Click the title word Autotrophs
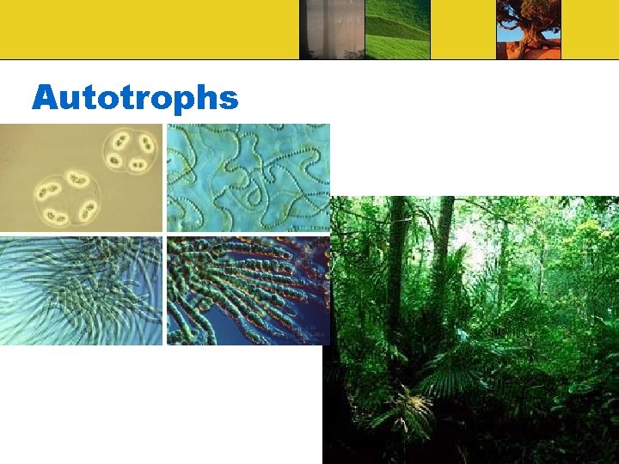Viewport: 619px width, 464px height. (134, 98)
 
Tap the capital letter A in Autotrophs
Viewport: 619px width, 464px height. (45, 98)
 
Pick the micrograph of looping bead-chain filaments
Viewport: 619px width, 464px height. (248, 177)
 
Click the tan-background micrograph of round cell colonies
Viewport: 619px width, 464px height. (81, 177)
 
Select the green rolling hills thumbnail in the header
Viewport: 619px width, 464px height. (397, 29)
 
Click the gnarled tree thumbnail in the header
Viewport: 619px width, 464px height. (528, 29)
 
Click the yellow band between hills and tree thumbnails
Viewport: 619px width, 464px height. (463, 29)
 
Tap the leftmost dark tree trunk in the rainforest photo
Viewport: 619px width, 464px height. (396, 258)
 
